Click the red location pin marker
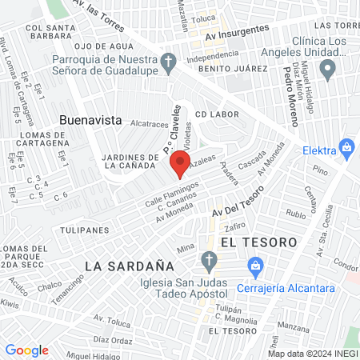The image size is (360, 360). point(180,164)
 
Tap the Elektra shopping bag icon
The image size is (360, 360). point(346,148)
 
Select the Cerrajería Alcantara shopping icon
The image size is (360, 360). point(255,264)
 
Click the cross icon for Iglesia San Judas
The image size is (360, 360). point(209,261)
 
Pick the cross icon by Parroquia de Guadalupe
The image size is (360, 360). point(169,62)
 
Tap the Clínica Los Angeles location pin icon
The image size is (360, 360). point(326,70)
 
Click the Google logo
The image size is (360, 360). point(26,350)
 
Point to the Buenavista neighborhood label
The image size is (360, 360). point(90,120)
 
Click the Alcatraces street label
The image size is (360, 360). point(149,124)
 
